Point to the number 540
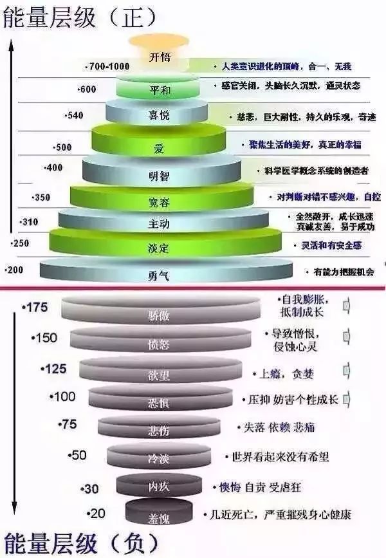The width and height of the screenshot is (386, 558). pos(75,116)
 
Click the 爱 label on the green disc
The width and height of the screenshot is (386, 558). pos(159,149)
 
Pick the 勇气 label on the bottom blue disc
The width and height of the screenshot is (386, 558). pos(158,277)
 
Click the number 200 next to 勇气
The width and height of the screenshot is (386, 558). pos(14,270)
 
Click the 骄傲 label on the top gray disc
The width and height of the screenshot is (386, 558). pos(158,316)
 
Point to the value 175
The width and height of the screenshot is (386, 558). pos(35,308)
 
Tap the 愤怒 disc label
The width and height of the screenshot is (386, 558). pos(158,344)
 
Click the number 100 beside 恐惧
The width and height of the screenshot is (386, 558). pos(64,396)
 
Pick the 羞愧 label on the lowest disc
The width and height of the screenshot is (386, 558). pos(158,516)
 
